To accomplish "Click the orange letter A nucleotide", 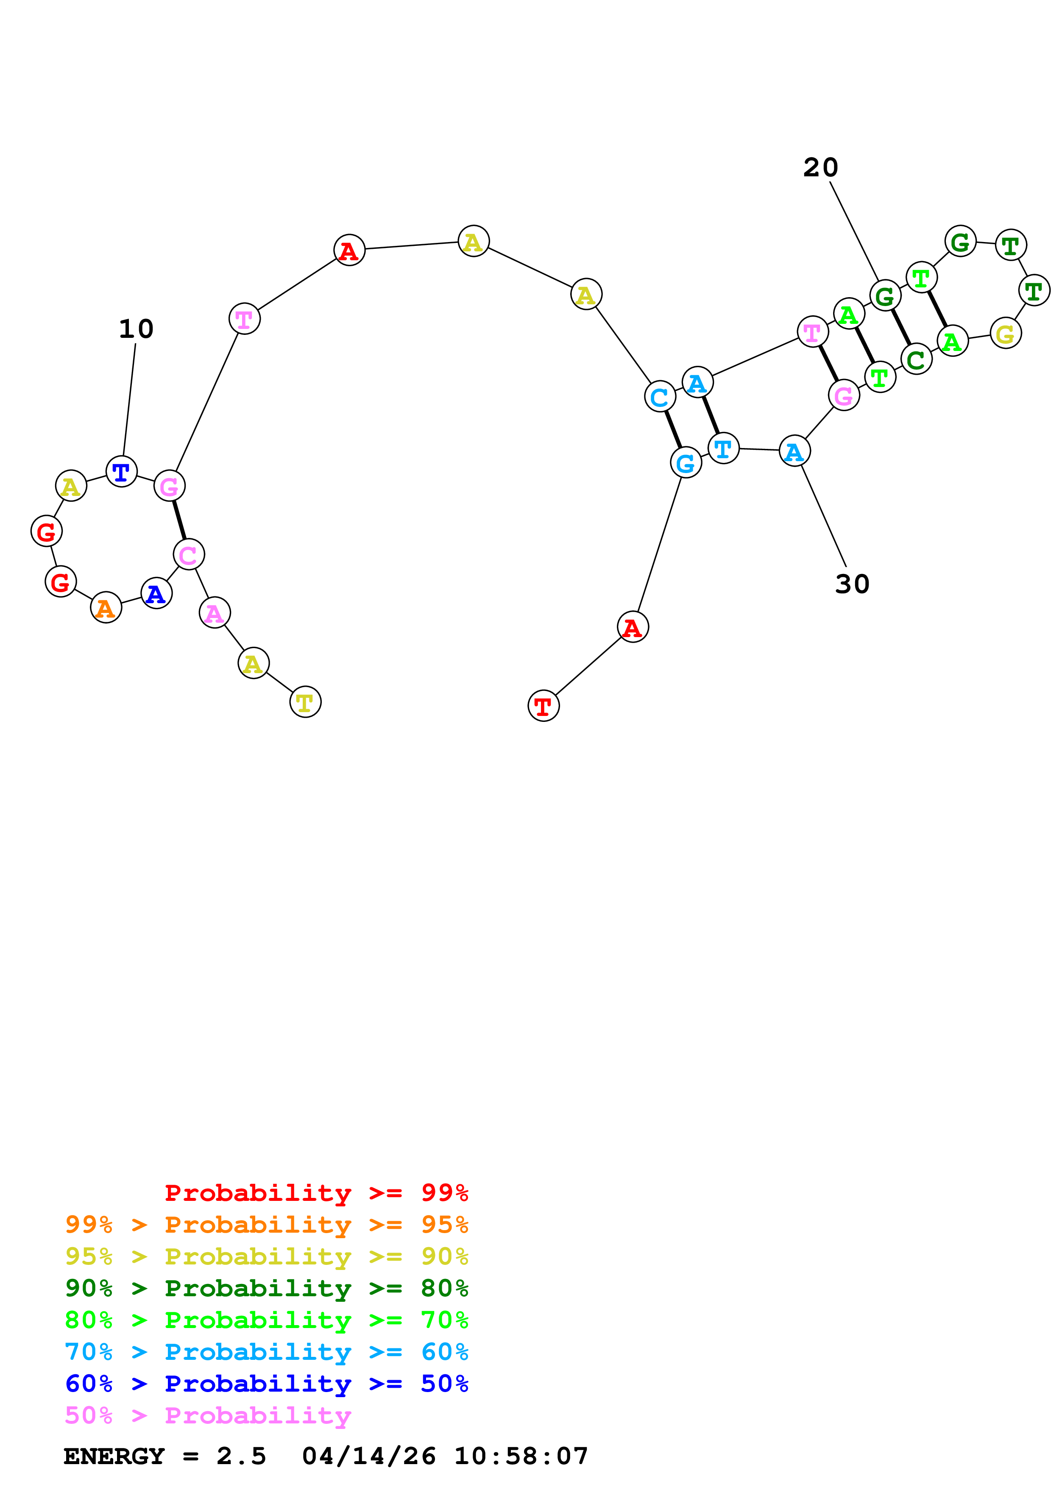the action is pos(106,607).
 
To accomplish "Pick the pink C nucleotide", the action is pos(188,554).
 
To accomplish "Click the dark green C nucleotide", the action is pos(916,359).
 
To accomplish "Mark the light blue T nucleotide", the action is pos(723,448).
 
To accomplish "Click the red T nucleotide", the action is pos(544,706).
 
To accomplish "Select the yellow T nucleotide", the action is pos(305,702).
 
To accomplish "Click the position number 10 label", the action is pos(136,329).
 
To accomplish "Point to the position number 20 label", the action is pos(820,168).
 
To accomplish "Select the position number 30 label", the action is pos(852,584).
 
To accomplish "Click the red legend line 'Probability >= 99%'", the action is pos(316,1193).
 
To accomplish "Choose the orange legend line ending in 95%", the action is pos(266,1225).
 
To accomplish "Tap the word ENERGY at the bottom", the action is pos(114,1456).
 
